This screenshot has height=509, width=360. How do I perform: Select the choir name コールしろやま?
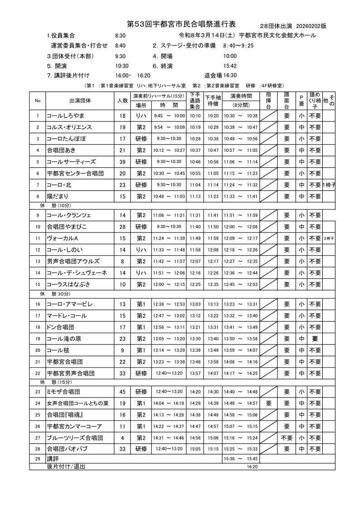66,116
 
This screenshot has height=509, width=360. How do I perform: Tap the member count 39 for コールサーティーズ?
122,161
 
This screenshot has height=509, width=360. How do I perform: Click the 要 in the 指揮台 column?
269,403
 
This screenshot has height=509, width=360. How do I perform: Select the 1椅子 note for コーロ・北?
329,184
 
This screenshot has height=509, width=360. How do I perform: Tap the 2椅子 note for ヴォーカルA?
329,238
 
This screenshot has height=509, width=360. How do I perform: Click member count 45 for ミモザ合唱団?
122,392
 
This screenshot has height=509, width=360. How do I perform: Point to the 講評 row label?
54,459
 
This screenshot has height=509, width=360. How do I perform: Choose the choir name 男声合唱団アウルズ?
73,262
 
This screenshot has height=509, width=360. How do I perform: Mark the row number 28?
38,449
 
